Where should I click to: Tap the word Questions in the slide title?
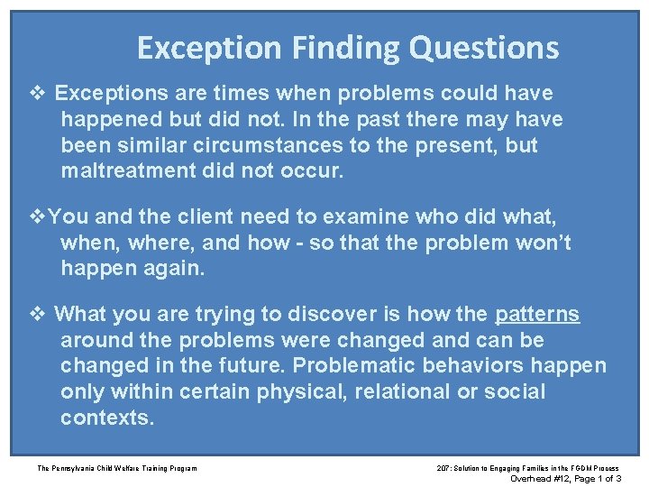[x=484, y=48]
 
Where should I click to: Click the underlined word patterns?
[x=537, y=314]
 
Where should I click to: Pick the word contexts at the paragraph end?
[x=107, y=418]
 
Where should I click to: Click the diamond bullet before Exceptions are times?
[x=36, y=93]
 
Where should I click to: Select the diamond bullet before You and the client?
[x=36, y=217]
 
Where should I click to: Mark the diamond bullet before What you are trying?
[x=36, y=314]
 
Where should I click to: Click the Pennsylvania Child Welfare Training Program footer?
[x=117, y=467]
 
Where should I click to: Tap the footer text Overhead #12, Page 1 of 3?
[x=564, y=478]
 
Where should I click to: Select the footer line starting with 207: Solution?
[x=528, y=467]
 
